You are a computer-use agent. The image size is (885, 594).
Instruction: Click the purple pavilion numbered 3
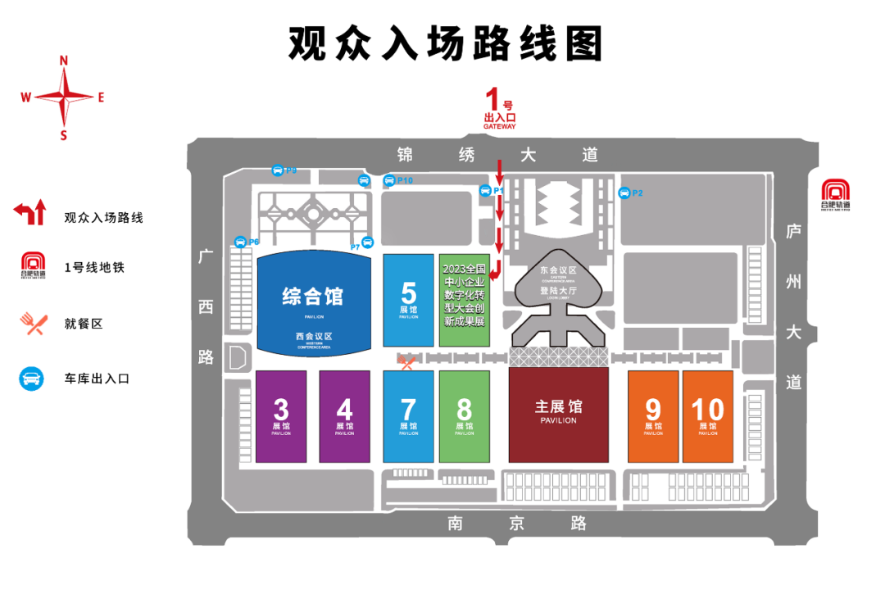[x=281, y=416]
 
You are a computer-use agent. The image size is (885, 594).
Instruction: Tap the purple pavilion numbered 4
[x=344, y=416]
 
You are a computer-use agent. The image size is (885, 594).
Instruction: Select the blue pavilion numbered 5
[x=408, y=299]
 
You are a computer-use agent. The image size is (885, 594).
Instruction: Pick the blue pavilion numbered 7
[x=408, y=416]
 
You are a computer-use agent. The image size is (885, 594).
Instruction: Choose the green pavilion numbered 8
[x=464, y=416]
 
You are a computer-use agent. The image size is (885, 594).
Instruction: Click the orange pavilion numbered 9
[x=653, y=416]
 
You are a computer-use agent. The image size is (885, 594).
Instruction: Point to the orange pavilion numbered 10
[x=707, y=416]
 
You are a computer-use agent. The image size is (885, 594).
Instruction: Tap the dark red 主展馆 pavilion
[x=559, y=415]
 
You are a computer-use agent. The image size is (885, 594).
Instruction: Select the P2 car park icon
[x=624, y=193]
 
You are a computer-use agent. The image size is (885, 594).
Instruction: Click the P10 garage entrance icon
[x=389, y=180]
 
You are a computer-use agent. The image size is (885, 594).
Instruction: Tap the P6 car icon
[x=240, y=242]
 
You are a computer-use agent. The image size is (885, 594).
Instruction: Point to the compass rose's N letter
[x=63, y=60]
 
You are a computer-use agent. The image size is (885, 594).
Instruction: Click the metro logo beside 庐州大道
[x=836, y=193]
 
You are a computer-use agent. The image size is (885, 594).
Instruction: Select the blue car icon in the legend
[x=31, y=379]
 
